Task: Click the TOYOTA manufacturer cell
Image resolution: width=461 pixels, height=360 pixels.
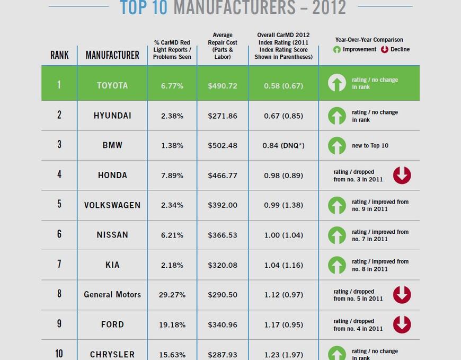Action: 112,85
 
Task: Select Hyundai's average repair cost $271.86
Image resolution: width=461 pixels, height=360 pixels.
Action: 222,116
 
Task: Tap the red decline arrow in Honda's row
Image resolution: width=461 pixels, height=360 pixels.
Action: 402,175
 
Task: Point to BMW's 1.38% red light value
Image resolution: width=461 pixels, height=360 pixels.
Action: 172,145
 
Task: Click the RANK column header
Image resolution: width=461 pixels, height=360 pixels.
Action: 59,55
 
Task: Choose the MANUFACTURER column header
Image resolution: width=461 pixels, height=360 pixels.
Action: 112,55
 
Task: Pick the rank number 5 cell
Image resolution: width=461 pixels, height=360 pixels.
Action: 59,205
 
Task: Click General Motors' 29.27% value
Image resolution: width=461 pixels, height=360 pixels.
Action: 172,294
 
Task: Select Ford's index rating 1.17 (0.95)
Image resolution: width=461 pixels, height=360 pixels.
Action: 283,324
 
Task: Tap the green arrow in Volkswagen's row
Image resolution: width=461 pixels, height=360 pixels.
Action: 337,205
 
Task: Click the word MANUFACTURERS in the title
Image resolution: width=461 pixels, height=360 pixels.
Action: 235,8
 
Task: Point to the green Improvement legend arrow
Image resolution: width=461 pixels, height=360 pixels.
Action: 337,49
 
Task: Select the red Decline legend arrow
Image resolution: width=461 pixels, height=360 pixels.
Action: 384,49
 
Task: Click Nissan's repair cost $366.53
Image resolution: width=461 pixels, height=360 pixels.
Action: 222,235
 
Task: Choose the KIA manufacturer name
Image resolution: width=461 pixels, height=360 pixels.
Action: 112,265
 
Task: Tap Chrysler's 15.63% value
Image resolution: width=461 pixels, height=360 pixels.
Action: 172,354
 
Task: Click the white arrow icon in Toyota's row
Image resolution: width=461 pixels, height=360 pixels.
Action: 337,83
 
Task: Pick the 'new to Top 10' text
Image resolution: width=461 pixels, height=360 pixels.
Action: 370,145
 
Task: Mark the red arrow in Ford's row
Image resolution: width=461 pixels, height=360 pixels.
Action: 402,324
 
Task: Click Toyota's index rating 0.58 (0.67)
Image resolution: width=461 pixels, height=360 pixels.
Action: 283,85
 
